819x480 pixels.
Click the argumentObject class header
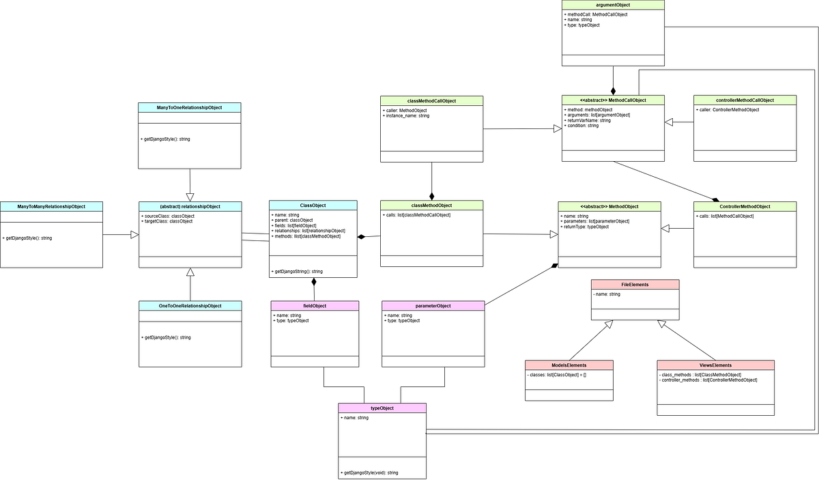(613, 5)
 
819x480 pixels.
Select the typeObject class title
(382, 408)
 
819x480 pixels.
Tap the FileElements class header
(635, 284)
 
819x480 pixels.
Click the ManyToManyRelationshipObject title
(51, 206)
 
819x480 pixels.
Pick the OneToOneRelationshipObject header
(190, 306)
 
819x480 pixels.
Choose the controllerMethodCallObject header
(745, 100)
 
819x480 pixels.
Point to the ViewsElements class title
(715, 365)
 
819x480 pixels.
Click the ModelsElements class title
(569, 365)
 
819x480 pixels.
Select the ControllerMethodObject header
(745, 206)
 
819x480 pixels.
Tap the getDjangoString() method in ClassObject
(298, 272)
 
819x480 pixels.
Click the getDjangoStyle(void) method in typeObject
(369, 472)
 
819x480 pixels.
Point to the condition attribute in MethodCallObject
(581, 126)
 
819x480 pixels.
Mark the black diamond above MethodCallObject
(613, 91)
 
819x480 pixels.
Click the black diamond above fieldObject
(314, 281)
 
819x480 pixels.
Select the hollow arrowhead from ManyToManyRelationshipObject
(134, 235)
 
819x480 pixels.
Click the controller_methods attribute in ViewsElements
(708, 380)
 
